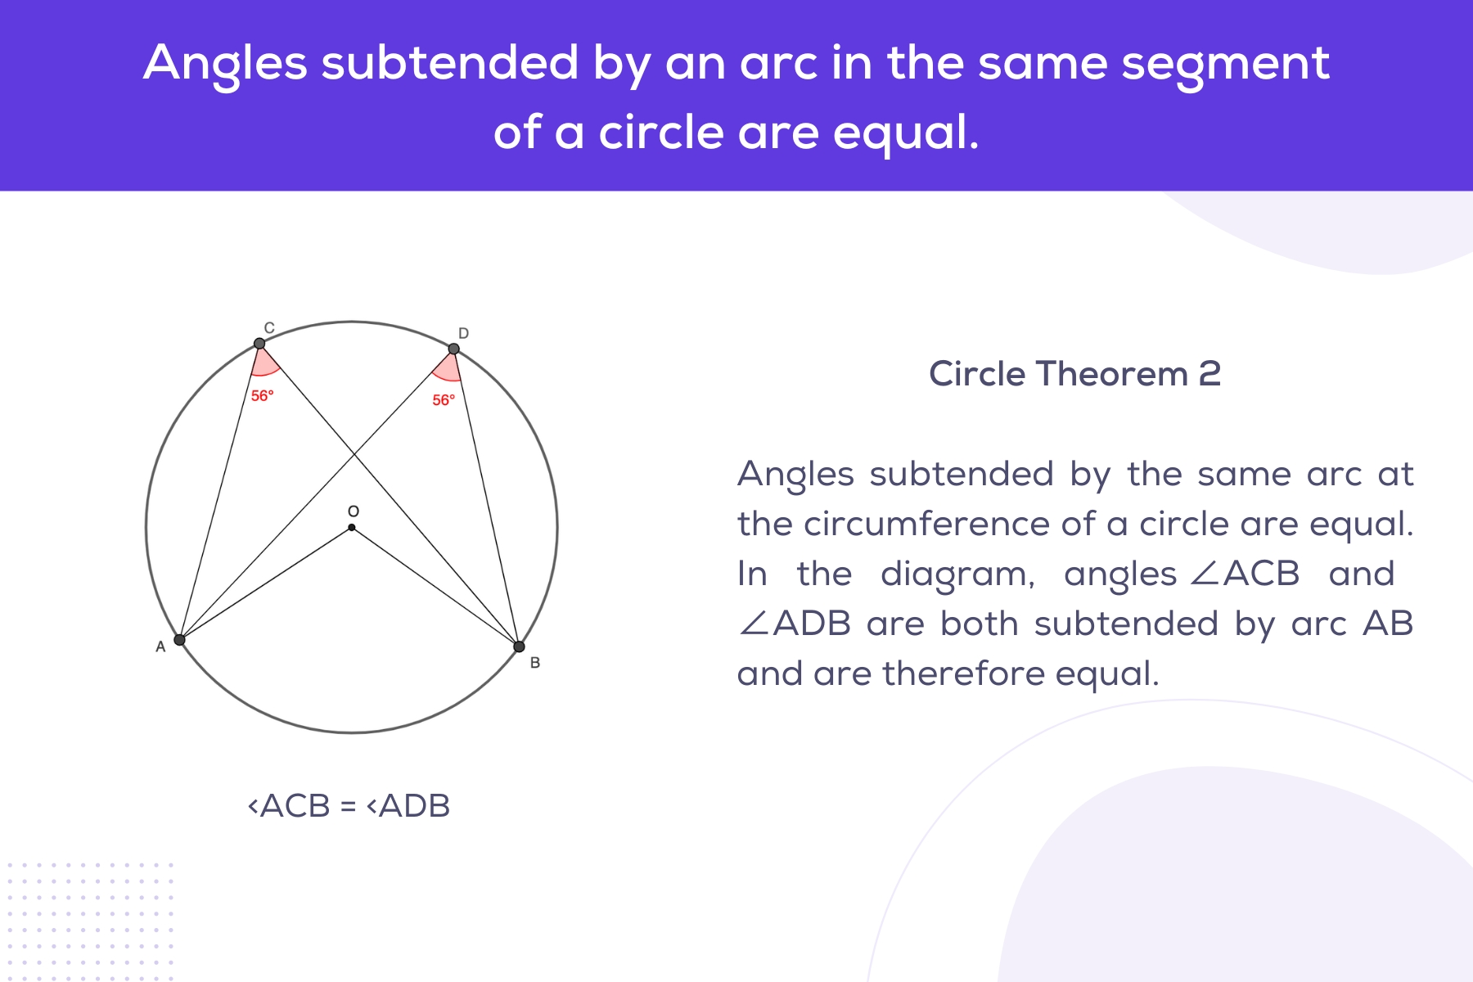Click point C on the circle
[259, 344]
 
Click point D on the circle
[453, 349]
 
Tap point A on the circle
[180, 640]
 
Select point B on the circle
[519, 646]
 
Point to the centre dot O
[352, 528]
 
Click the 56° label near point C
[262, 396]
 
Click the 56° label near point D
[444, 400]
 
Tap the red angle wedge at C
[264, 363]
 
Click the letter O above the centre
[353, 511]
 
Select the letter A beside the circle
[160, 647]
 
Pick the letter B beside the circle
[535, 663]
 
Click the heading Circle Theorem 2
[1074, 374]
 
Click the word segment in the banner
[1225, 64]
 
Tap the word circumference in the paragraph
[927, 524]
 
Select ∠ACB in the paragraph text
[1244, 574]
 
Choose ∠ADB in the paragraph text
[795, 624]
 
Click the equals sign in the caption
[348, 806]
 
